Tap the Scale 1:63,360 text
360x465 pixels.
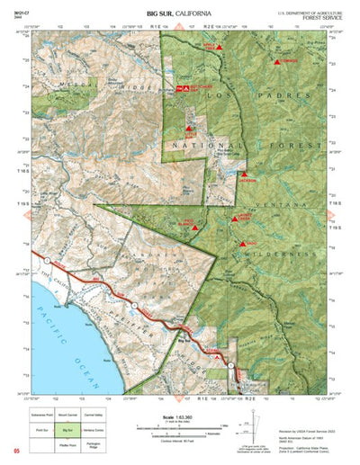[x=170, y=416]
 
